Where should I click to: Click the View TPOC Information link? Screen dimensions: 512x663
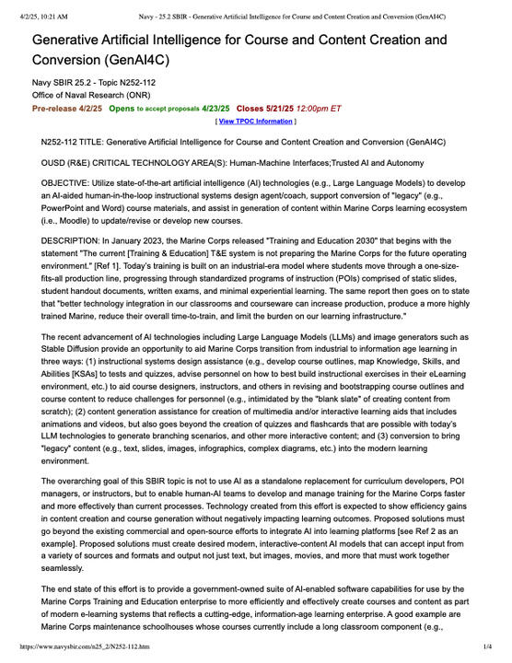[255, 121]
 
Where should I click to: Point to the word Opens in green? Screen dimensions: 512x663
[121, 108]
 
